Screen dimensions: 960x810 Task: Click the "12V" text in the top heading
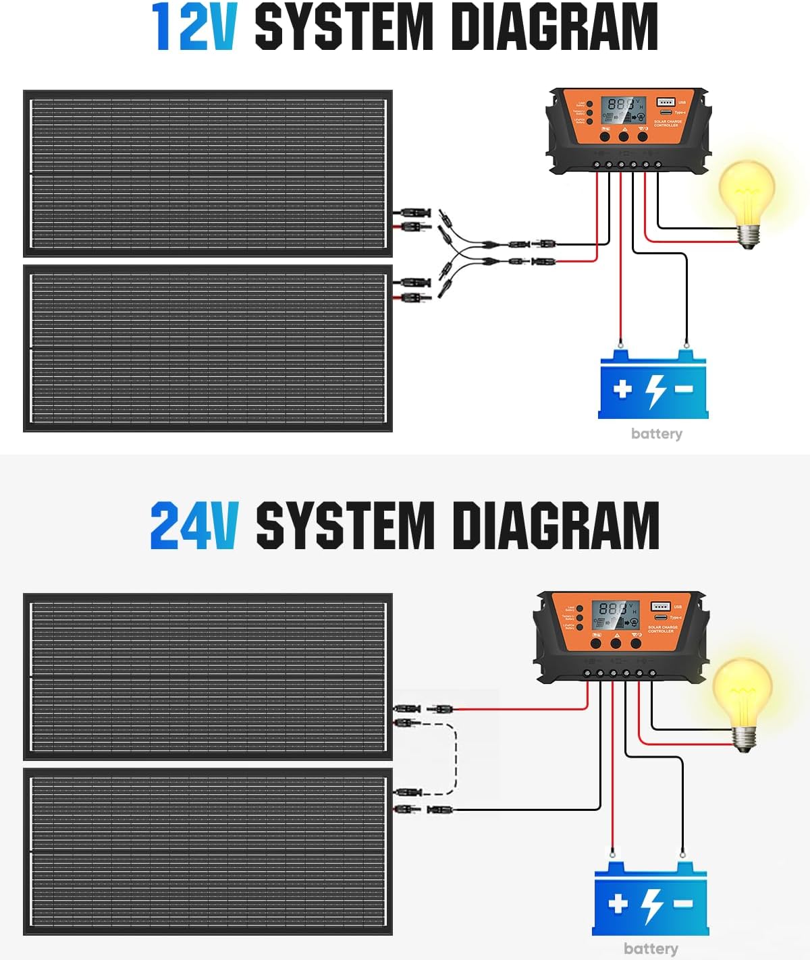point(194,28)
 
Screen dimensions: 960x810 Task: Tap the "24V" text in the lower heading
point(194,526)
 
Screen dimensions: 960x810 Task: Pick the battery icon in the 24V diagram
point(650,901)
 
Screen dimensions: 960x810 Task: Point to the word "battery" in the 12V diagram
point(656,434)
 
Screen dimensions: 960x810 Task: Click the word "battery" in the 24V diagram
point(651,949)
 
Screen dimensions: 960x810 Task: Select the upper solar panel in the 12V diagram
point(208,173)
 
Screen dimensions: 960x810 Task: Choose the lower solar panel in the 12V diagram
point(208,348)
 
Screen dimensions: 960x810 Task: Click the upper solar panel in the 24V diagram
point(208,677)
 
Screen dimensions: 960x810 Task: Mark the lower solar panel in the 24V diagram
point(208,851)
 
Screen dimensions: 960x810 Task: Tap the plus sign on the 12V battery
point(622,389)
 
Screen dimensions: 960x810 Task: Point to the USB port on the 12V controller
point(666,102)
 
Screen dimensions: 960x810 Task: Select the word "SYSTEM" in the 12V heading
point(344,28)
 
